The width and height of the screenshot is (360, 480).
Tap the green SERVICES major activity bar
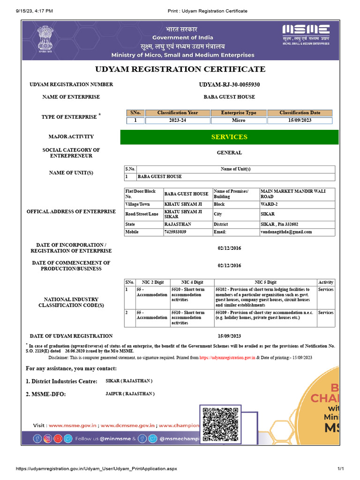(x=229, y=137)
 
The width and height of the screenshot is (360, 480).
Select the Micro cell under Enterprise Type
(x=239, y=120)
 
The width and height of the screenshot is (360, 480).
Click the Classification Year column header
(x=178, y=113)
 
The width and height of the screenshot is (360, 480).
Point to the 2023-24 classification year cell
(x=178, y=120)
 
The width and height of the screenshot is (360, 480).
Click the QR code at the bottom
(x=220, y=424)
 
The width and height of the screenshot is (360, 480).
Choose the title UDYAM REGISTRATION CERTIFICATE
(x=180, y=69)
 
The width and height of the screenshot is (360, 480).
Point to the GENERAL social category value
(x=229, y=153)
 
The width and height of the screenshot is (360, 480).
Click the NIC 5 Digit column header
(x=265, y=282)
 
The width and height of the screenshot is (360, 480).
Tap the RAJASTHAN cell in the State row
(x=178, y=225)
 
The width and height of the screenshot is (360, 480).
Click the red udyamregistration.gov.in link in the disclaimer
(x=227, y=358)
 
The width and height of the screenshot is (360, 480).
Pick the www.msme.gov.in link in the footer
(x=73, y=426)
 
